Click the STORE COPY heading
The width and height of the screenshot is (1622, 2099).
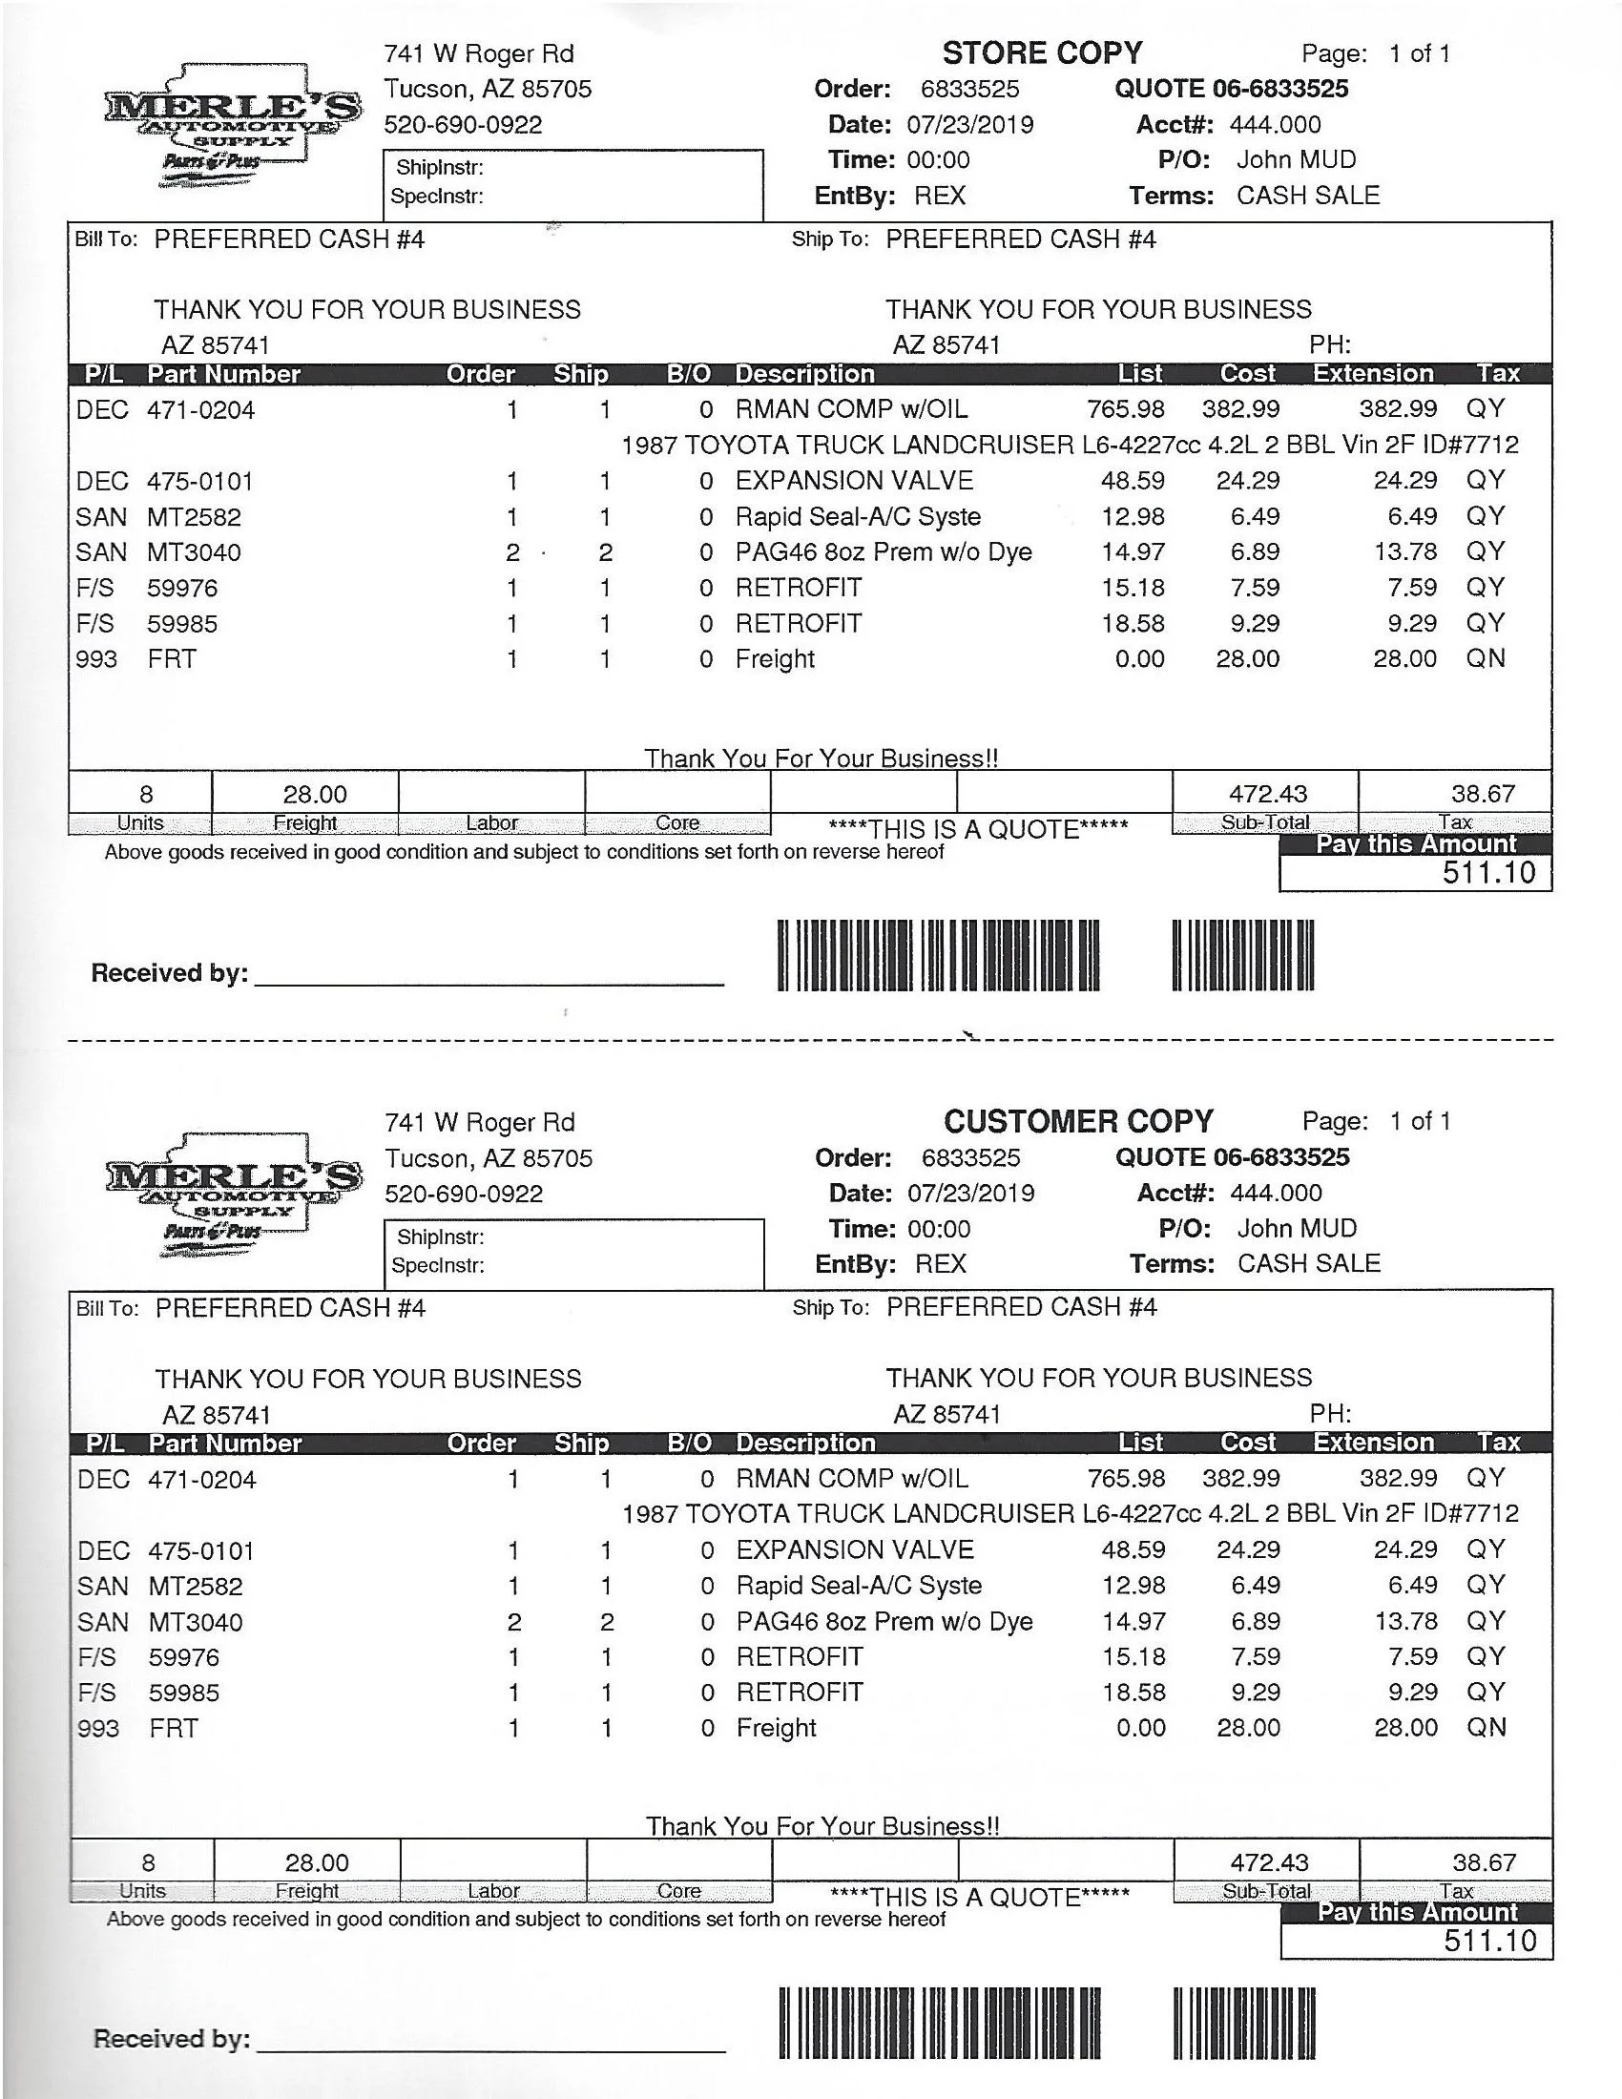coord(1042,52)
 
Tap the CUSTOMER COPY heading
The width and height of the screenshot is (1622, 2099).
coord(1078,1121)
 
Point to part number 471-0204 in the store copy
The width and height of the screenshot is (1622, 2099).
coord(200,410)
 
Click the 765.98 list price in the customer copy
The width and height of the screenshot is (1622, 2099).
coord(1126,1478)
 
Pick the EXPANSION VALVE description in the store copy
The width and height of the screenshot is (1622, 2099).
coord(854,481)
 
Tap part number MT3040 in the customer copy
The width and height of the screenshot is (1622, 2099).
coord(195,1622)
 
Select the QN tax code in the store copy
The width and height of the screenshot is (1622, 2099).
coord(1485,658)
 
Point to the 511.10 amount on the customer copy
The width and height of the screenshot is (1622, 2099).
coord(1490,1941)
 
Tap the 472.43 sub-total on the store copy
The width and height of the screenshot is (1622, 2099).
coord(1267,794)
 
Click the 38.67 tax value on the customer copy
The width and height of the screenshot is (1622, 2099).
coord(1484,1862)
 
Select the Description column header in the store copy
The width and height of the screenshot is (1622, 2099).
coord(804,374)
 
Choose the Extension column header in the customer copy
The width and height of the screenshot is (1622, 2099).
coord(1373,1443)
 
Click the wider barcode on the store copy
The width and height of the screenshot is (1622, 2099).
coord(938,955)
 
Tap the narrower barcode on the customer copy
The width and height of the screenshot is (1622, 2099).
coord(1243,2023)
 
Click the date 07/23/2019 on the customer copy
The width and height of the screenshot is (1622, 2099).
coord(970,1193)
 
